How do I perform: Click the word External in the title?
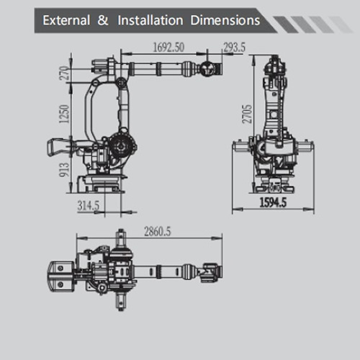click(x=66, y=20)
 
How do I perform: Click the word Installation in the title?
click(x=150, y=20)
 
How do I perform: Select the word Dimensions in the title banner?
click(x=225, y=20)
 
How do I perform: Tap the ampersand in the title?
click(x=103, y=20)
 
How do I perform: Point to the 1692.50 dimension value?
click(x=168, y=47)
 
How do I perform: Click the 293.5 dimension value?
click(x=235, y=47)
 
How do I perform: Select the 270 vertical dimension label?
click(x=64, y=73)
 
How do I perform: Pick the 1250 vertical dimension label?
click(x=64, y=114)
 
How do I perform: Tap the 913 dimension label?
click(x=64, y=170)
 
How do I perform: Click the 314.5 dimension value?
click(x=89, y=205)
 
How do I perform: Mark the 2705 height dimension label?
click(x=247, y=114)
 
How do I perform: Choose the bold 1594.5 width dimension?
click(x=273, y=202)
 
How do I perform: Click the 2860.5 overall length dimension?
click(x=158, y=232)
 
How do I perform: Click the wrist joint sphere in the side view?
click(x=207, y=69)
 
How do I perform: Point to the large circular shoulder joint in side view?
click(x=122, y=145)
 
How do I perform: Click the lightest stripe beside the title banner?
click(x=341, y=24)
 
